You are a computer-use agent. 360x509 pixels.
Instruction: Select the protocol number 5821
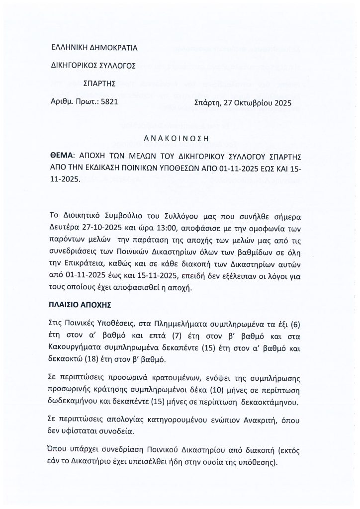(x=109, y=102)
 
